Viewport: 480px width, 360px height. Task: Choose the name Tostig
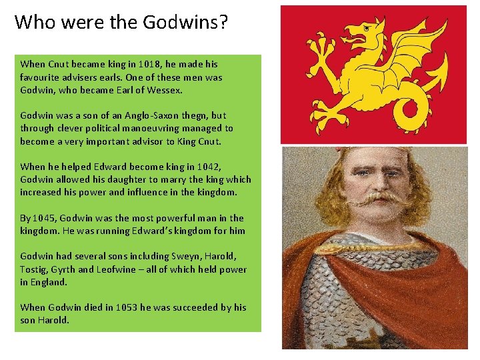pos(33,269)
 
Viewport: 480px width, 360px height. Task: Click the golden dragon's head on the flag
pos(363,30)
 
